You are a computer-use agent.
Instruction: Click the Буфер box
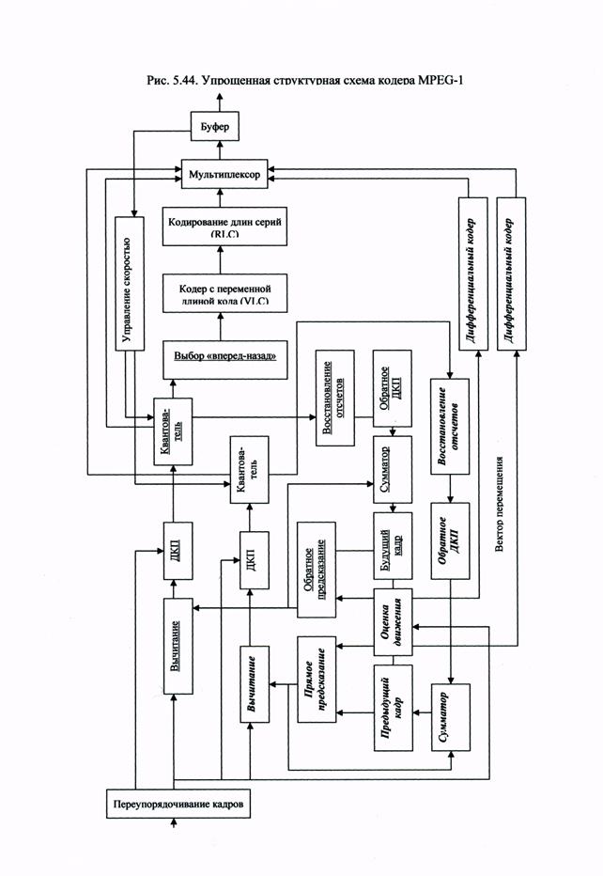click(x=216, y=124)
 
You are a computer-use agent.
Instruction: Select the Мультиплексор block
click(x=224, y=176)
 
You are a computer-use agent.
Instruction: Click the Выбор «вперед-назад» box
click(x=224, y=358)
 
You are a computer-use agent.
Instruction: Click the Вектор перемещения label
click(x=503, y=508)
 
